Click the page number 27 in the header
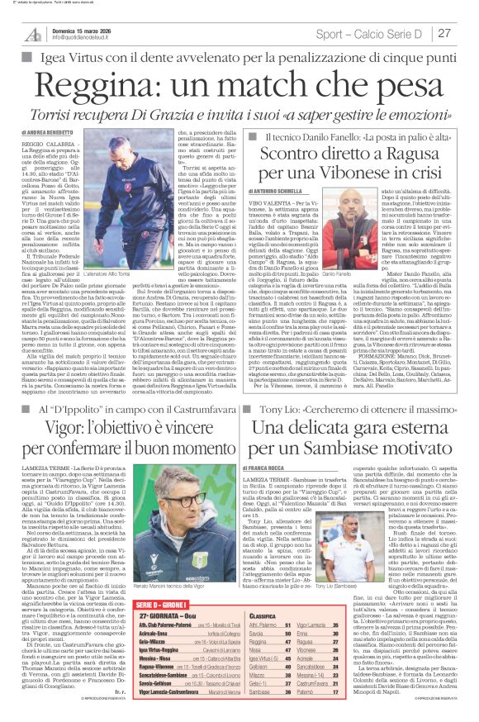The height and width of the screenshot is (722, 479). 443,33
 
